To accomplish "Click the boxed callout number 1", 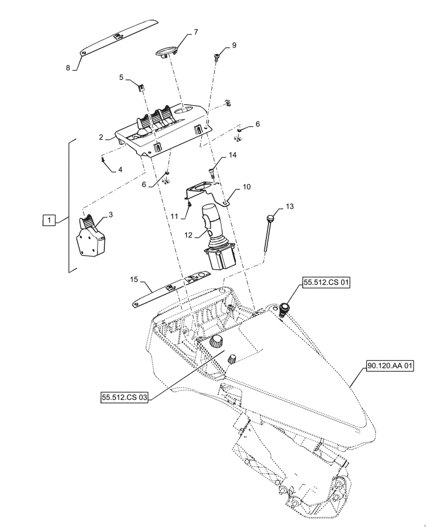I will tap(48, 219).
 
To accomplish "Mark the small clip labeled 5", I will tap(140, 86).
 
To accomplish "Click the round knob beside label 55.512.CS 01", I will tap(286, 307).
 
